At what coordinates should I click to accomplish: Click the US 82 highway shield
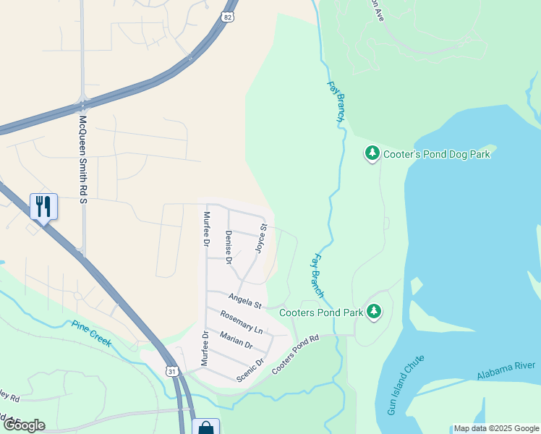229,16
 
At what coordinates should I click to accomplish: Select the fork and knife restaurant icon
43,206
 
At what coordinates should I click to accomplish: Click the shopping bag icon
205,428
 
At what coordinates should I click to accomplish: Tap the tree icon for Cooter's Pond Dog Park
372,153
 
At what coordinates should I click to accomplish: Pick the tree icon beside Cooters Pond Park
373,312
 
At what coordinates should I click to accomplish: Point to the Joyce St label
261,238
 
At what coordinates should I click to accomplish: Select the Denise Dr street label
229,247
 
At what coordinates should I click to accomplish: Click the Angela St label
244,299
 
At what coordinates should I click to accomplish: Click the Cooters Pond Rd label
295,355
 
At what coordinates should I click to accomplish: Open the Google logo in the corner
24,425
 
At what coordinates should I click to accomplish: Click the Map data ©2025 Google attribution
496,428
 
